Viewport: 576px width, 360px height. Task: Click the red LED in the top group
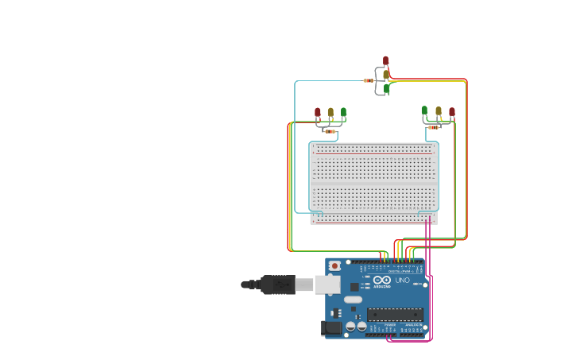(386, 60)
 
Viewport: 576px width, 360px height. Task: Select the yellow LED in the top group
(386, 75)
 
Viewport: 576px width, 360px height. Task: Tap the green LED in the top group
(387, 88)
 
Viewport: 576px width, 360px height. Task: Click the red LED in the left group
(318, 112)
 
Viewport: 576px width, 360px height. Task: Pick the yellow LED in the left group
(331, 112)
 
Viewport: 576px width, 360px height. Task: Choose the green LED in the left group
(343, 112)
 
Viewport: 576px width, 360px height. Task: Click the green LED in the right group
(424, 110)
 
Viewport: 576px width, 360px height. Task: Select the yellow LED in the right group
(438, 111)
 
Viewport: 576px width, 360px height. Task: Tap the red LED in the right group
(452, 112)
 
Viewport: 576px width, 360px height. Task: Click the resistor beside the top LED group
(369, 80)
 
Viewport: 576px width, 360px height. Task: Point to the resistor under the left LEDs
(330, 131)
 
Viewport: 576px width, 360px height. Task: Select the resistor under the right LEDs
(433, 127)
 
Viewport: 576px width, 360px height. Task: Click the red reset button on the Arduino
(334, 265)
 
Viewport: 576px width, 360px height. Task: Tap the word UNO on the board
(403, 280)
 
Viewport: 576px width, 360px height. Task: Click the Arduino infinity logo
(382, 280)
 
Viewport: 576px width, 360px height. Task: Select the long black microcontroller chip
(394, 314)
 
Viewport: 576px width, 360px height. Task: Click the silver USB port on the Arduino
(327, 284)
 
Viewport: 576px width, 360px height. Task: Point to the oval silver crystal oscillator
(353, 300)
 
